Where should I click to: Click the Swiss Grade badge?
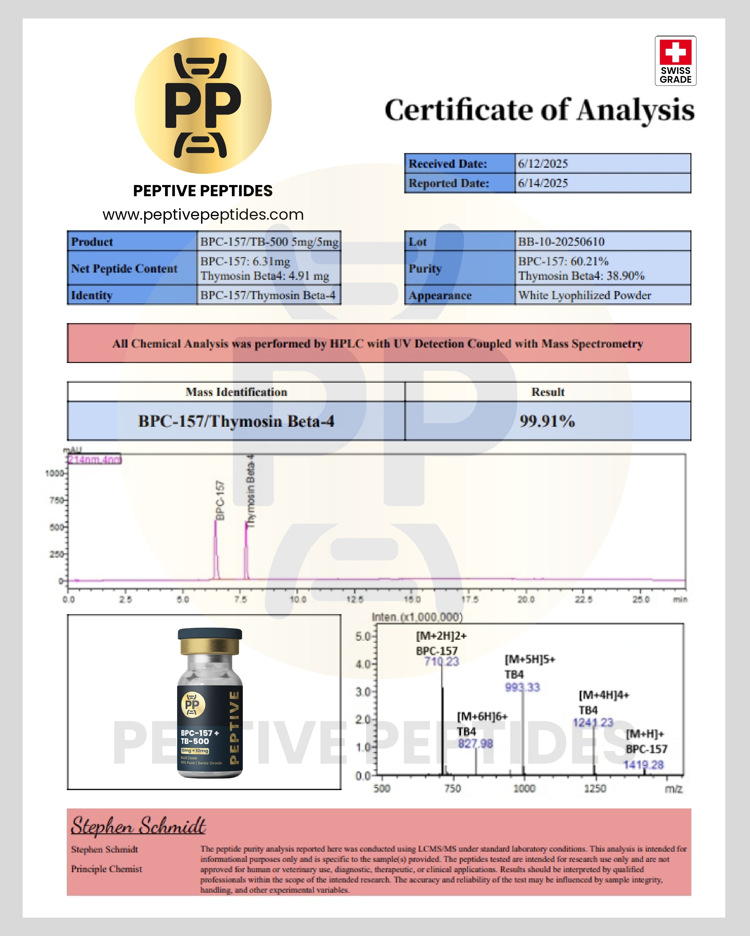click(675, 61)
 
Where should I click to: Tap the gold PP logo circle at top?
click(203, 105)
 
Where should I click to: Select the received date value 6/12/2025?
click(543, 164)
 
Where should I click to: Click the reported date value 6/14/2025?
click(543, 183)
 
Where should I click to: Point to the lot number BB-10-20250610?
click(561, 242)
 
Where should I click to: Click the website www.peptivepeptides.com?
click(203, 215)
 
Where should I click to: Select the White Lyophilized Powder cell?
click(585, 296)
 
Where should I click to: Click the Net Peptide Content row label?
click(124, 269)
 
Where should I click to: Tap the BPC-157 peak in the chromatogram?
click(216, 547)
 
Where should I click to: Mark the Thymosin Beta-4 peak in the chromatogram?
click(246, 547)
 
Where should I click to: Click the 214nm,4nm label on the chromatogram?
click(95, 460)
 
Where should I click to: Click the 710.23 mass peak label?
click(441, 662)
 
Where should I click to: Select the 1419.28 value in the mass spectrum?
click(644, 765)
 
